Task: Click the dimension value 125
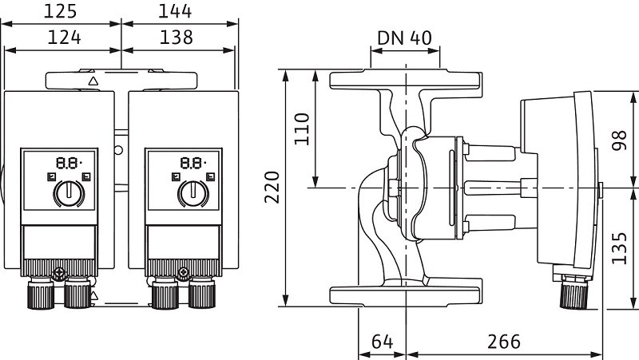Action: coord(61,11)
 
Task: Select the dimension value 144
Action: coord(176,11)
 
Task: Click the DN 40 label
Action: coord(404,38)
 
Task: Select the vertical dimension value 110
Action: coord(301,128)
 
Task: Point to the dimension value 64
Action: coord(383,342)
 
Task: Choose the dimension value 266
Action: coord(503,342)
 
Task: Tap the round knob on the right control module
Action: coord(191,192)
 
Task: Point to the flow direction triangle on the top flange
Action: coord(93,81)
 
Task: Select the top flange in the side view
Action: coord(407,81)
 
